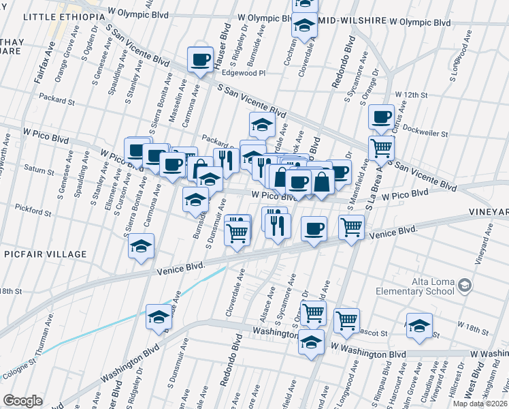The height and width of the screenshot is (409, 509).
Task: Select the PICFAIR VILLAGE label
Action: (54, 254)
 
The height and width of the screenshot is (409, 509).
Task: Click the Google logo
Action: (23, 401)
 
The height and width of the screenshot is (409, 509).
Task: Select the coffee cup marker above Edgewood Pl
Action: (201, 59)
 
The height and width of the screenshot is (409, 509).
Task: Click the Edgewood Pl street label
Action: (244, 72)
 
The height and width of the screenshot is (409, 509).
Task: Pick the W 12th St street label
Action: (411, 94)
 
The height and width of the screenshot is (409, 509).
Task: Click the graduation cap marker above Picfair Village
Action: (142, 246)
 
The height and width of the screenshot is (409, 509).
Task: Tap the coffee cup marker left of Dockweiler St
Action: (382, 117)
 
